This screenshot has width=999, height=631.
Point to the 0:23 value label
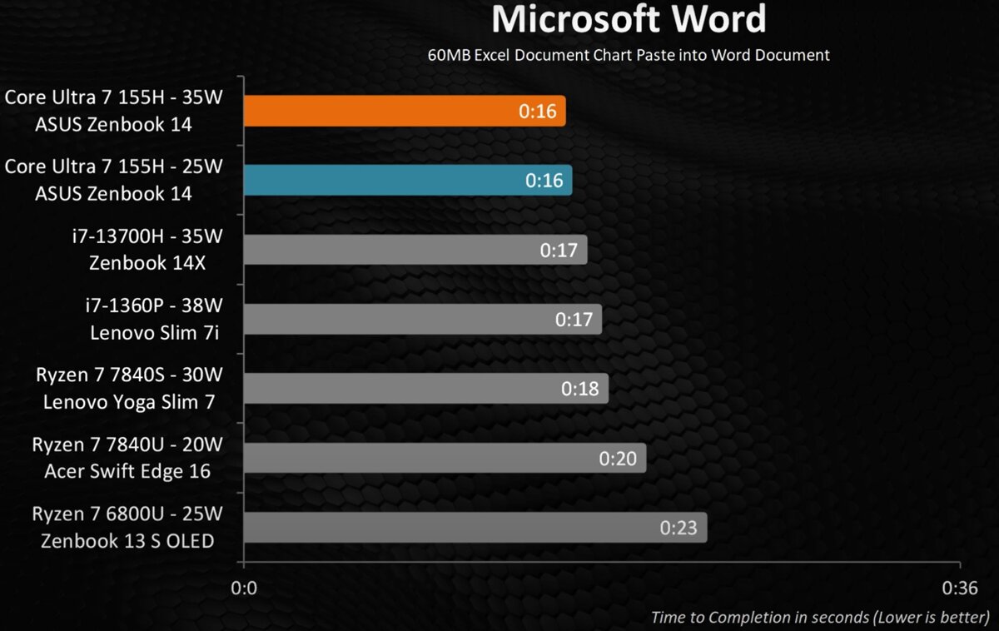click(678, 528)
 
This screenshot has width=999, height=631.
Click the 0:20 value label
click(617, 458)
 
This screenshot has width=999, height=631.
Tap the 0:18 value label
click(579, 389)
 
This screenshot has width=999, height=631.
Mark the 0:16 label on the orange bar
click(537, 111)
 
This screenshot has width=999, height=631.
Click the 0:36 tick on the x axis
click(960, 589)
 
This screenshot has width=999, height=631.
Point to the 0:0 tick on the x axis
click(244, 589)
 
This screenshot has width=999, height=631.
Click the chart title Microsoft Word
click(628, 20)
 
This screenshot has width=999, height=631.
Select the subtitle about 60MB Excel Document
click(628, 56)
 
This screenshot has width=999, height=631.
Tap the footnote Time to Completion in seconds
click(820, 617)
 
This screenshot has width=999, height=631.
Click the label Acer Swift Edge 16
click(127, 472)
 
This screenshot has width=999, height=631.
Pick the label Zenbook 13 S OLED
click(127, 541)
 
